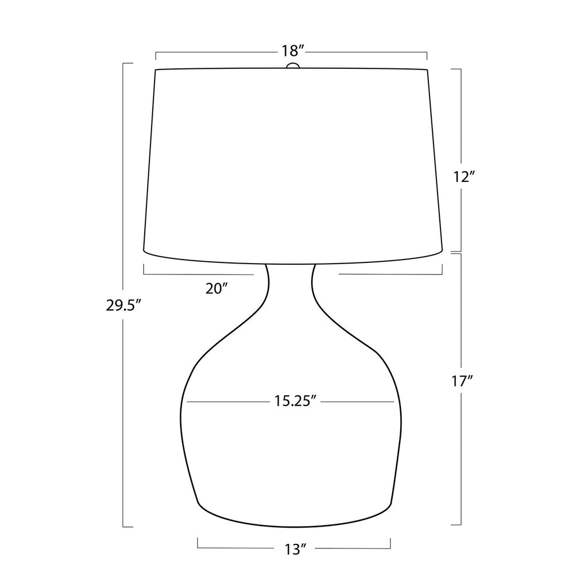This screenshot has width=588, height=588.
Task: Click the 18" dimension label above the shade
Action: tap(292, 51)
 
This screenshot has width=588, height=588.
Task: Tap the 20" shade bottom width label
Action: tap(216, 288)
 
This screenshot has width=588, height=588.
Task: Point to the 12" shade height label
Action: tap(462, 177)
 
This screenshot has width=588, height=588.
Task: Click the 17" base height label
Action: tap(462, 382)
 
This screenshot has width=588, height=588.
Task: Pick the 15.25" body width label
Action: tap(294, 401)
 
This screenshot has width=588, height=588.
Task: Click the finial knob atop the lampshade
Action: tap(293, 66)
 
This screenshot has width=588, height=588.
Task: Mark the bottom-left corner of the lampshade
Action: tap(144, 250)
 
